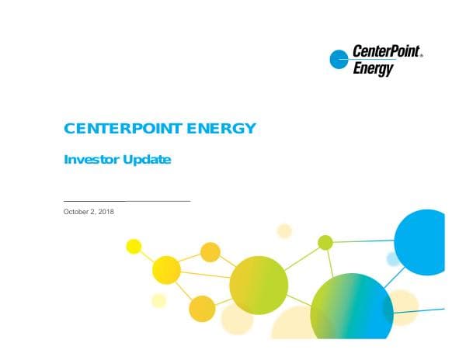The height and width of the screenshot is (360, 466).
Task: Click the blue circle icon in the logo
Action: click(339, 59)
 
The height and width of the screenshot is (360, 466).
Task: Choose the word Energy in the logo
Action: click(373, 68)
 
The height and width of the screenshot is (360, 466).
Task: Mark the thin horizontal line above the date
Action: click(126, 201)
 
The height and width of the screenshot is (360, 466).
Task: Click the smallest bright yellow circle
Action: click(134, 246)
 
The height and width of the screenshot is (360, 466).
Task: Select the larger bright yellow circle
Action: click(166, 270)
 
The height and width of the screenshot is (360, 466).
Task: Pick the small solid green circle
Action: click(325, 242)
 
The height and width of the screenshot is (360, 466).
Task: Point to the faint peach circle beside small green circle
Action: click(284, 230)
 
